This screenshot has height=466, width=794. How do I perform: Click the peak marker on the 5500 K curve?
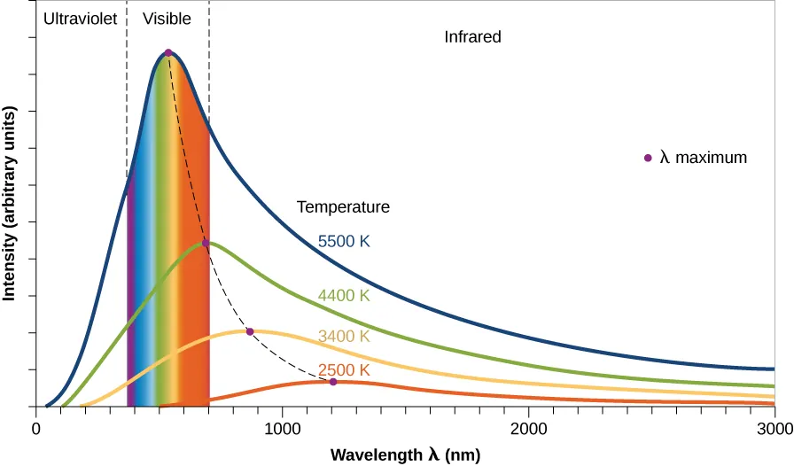click(x=168, y=52)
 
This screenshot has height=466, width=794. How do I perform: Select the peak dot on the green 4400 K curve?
click(x=206, y=243)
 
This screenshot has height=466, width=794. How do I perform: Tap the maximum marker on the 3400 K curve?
click(x=250, y=331)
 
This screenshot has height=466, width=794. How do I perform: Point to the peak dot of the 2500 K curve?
click(x=333, y=382)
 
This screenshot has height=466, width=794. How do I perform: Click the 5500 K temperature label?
click(x=344, y=240)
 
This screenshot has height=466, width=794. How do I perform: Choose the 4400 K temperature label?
click(x=344, y=296)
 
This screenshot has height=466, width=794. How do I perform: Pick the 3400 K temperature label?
click(x=344, y=337)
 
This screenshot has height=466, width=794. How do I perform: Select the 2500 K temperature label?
click(x=344, y=369)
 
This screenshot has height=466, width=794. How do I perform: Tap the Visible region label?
click(x=167, y=17)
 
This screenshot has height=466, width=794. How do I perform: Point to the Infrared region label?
click(x=473, y=37)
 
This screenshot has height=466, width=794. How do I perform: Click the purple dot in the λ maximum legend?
click(x=649, y=158)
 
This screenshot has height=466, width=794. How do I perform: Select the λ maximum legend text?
click(x=704, y=158)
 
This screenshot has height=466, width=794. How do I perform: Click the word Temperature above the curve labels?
click(x=343, y=207)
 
